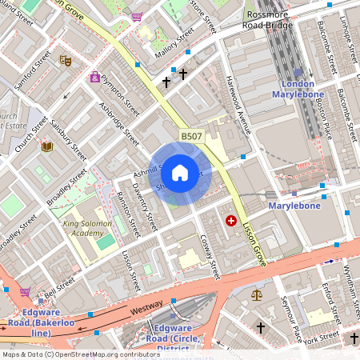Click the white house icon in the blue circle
180,173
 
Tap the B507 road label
191,138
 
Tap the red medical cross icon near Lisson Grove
231,220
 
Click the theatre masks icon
66,59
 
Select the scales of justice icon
256,294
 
